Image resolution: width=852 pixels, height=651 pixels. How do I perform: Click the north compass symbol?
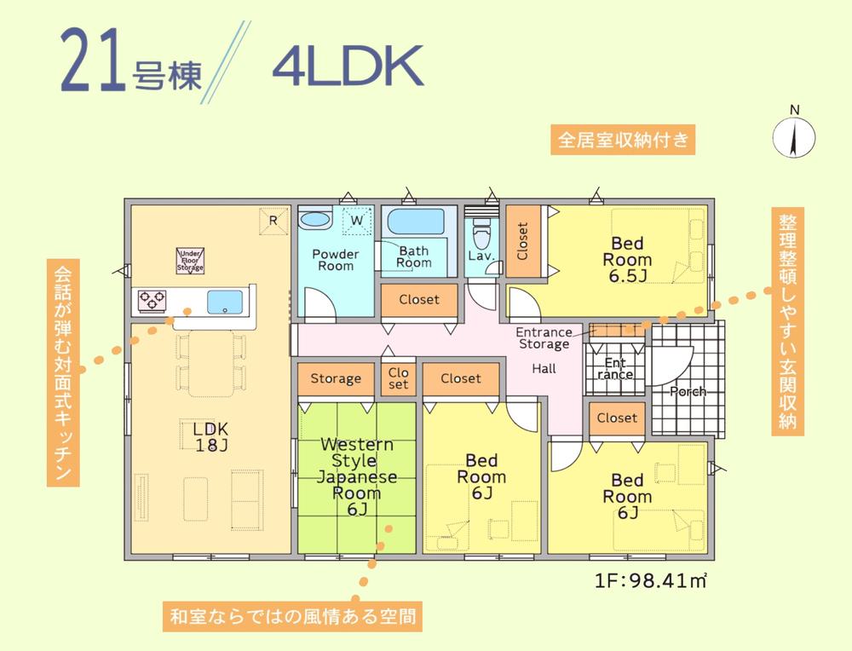[793, 135]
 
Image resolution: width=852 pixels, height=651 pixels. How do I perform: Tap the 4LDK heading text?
[348, 68]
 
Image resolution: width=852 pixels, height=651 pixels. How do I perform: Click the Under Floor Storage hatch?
[190, 260]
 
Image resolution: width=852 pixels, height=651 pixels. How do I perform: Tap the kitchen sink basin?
[226, 301]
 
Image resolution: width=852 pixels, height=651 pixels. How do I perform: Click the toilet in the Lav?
[481, 230]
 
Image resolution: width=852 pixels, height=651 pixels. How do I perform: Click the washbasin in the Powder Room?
[316, 219]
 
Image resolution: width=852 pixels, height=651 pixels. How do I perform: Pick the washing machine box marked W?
[357, 222]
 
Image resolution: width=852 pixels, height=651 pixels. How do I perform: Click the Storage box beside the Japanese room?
[336, 378]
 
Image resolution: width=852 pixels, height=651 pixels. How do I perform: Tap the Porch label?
[687, 392]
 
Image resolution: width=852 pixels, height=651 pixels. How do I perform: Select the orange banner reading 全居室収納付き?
[622, 139]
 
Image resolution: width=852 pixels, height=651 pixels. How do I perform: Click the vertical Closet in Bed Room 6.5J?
[522, 240]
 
